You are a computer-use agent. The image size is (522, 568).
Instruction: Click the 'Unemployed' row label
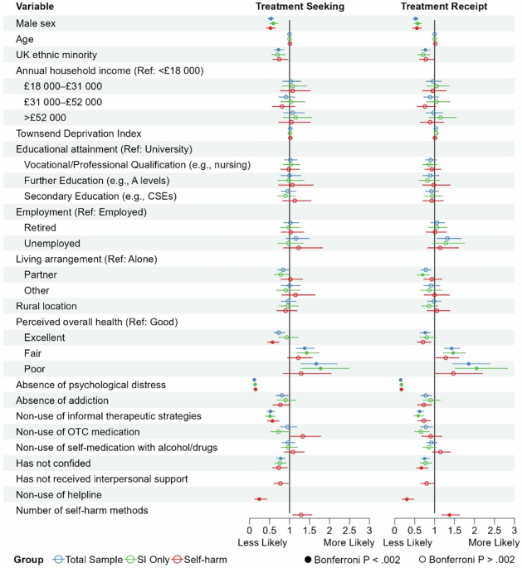point(52,243)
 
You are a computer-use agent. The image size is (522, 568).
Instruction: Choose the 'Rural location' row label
point(47,306)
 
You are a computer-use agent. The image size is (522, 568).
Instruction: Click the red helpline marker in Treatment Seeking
point(260,498)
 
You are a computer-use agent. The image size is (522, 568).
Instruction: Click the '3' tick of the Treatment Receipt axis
point(515,530)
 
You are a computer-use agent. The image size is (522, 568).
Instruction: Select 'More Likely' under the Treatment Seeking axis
point(349,542)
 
